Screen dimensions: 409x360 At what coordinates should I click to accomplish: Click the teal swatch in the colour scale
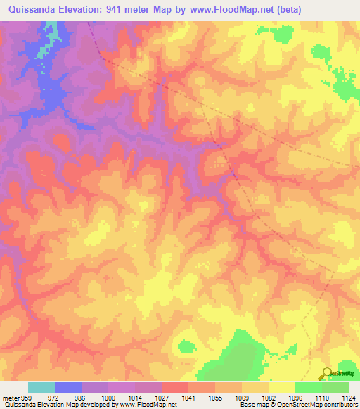(x=41, y=387)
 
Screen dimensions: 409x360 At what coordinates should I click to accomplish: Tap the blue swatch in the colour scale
(x=68, y=387)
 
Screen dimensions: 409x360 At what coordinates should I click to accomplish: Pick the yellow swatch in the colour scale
(x=281, y=387)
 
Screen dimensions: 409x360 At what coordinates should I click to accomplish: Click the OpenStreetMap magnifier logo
(x=326, y=373)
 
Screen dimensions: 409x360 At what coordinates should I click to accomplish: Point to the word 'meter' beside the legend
(x=11, y=397)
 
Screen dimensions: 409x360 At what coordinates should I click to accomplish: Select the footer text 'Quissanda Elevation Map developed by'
(x=51, y=405)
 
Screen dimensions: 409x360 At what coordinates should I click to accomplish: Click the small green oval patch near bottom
(x=186, y=346)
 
